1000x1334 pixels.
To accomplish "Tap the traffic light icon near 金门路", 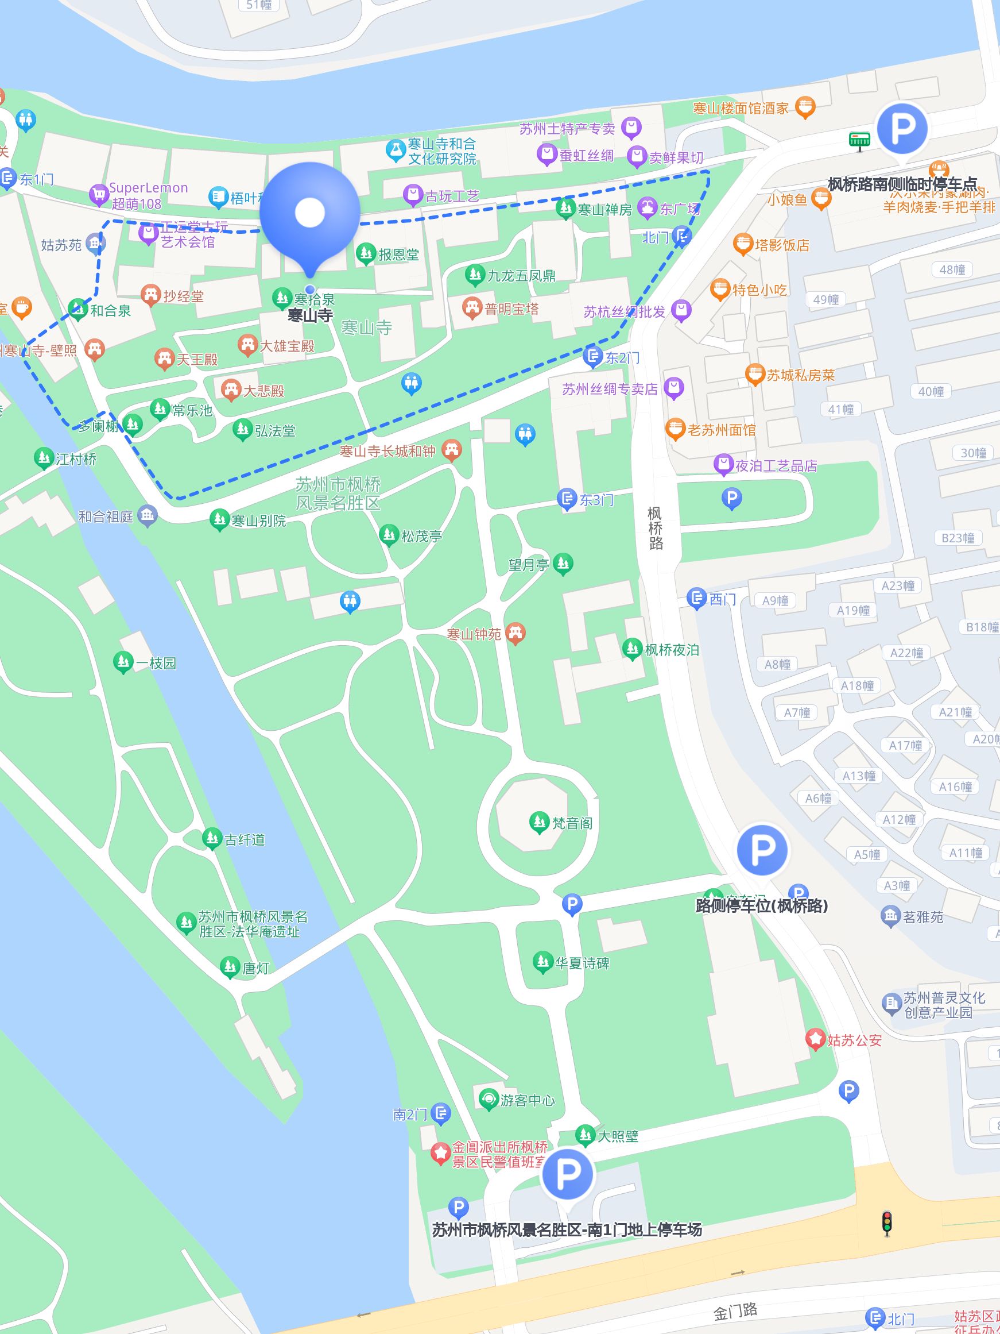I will pos(887,1224).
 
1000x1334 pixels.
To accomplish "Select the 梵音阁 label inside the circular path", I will pos(571,823).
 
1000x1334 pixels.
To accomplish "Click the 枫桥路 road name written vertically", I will pos(655,529).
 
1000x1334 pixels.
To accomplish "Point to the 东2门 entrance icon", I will pos(593,356).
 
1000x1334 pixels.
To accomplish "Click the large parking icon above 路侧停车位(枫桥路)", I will pos(762,849).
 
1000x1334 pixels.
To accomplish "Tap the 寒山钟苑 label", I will pos(474,634).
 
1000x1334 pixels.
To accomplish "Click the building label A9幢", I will pos(774,601).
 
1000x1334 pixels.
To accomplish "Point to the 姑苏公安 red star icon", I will pos(815,1039).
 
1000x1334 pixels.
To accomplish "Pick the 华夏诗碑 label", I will pos(582,963).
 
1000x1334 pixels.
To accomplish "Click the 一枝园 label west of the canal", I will pos(156,664).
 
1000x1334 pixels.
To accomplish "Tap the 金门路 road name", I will pos(735,1310).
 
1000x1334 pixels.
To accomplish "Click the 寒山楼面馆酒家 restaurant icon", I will pos(805,107).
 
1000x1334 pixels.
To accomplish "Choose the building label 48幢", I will pos(952,269).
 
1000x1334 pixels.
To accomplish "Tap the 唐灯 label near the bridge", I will pos(255,969).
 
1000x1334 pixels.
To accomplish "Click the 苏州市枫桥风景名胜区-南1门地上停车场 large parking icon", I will pos(567,1174).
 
